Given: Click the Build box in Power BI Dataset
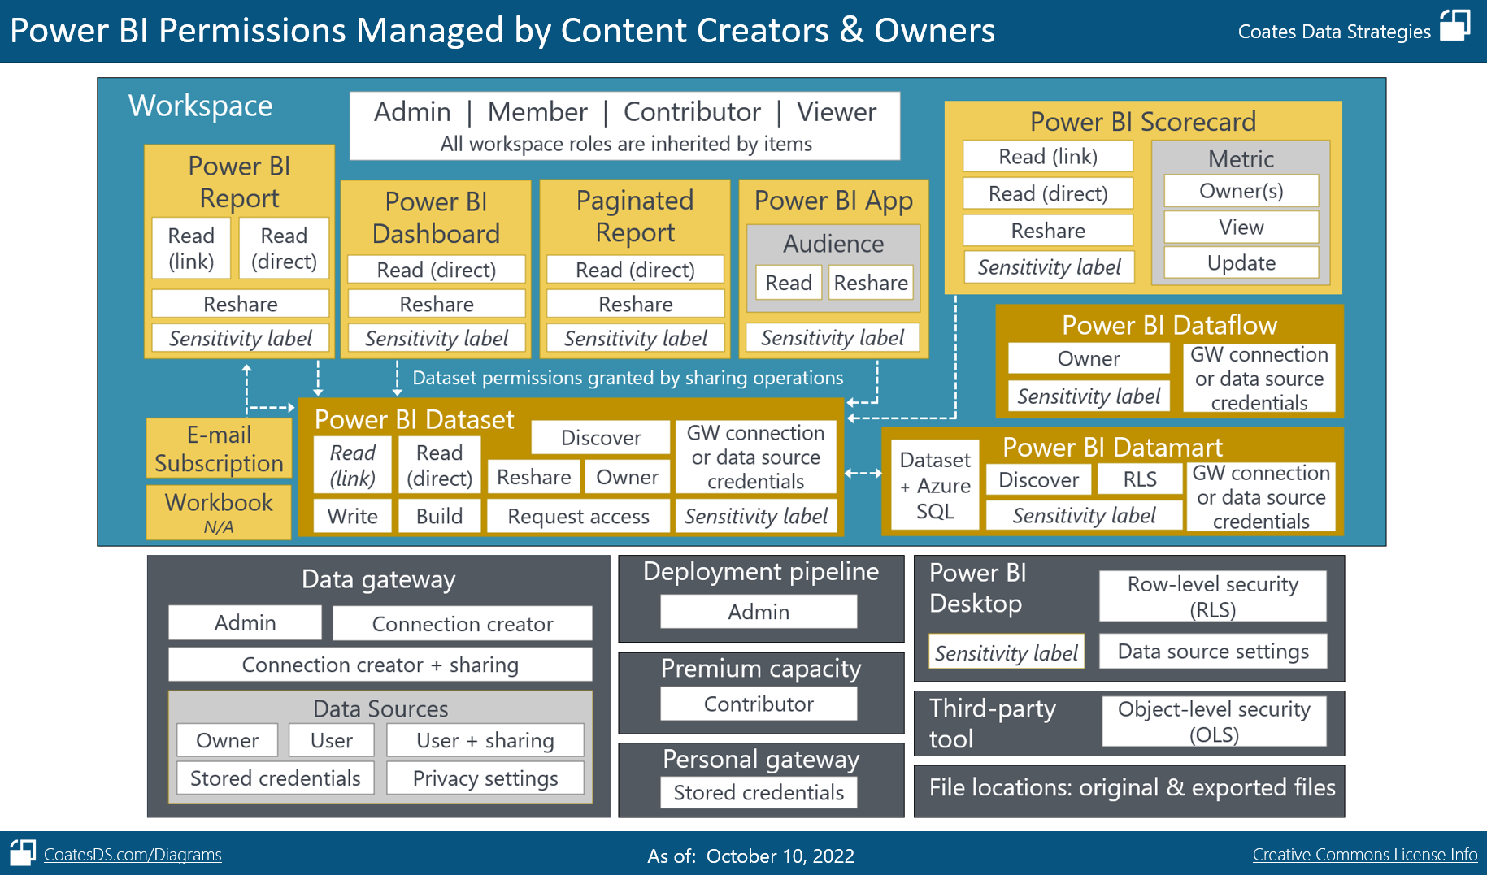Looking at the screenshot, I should click(439, 516).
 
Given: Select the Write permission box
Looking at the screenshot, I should click(352, 516).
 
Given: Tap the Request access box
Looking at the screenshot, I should click(578, 516).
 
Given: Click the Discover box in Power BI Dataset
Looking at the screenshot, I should click(601, 438).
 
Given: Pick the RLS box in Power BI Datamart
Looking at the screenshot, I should click(1139, 479).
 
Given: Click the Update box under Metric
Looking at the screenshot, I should click(1241, 263).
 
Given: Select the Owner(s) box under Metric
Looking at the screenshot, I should click(1241, 191).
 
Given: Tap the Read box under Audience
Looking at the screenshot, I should click(788, 283).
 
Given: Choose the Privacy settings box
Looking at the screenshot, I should click(485, 778).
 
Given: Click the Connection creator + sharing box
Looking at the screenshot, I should click(380, 665).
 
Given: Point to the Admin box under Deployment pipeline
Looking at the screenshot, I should click(759, 612).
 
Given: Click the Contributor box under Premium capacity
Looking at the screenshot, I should click(759, 704).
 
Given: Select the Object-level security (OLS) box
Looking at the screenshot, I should click(1214, 721).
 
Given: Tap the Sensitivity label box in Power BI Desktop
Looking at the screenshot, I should click(1006, 652).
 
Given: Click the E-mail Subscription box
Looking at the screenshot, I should click(219, 448).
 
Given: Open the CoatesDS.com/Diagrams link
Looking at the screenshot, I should click(133, 855).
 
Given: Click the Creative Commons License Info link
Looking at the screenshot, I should click(1364, 855).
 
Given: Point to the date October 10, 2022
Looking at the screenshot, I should click(780, 856).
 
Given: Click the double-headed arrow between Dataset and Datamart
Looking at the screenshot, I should click(863, 473).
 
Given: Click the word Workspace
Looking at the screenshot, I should click(200, 106).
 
